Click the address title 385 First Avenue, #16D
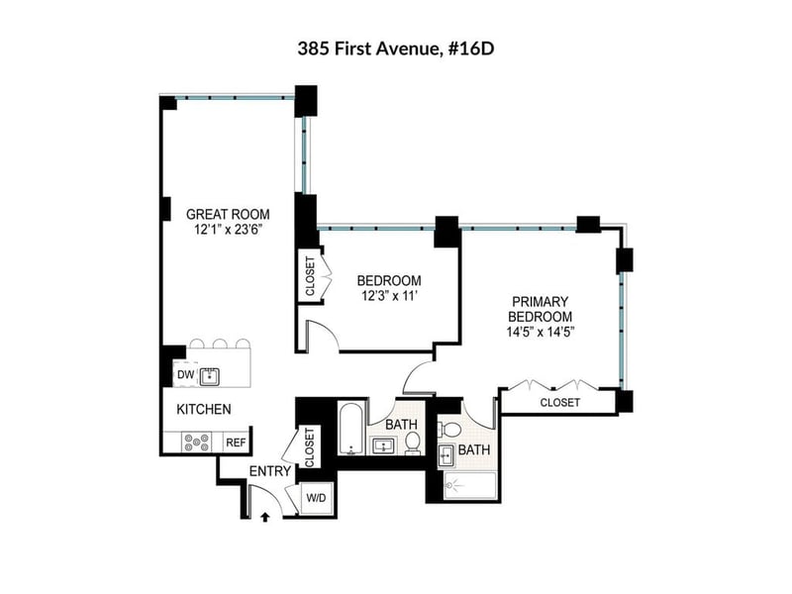(395, 49)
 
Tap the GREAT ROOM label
(228, 214)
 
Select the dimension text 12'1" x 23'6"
(228, 230)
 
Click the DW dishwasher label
(186, 375)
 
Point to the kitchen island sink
(209, 376)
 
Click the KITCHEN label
(204, 409)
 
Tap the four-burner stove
(196, 443)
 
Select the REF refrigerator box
(236, 443)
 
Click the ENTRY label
(270, 471)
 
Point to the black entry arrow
(264, 517)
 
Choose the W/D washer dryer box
(317, 499)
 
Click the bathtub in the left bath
(351, 429)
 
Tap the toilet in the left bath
(413, 444)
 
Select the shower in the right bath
(469, 486)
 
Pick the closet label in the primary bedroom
(560, 403)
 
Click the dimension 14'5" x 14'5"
(541, 333)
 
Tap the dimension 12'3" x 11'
(389, 296)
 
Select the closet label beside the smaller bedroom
(310, 276)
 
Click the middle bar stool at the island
(220, 344)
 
